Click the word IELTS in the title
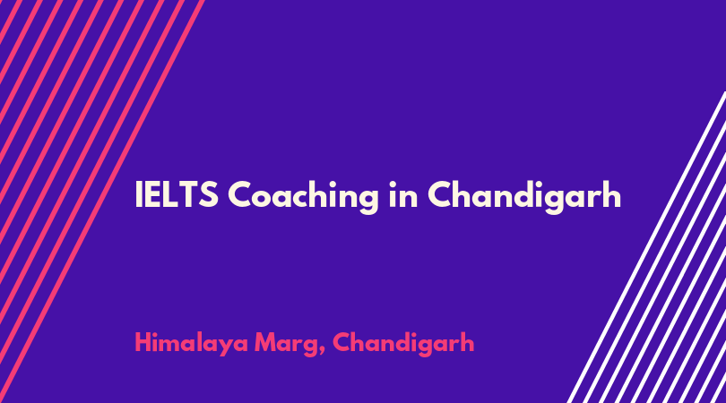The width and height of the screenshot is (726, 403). point(177,193)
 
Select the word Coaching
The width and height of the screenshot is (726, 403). point(303,197)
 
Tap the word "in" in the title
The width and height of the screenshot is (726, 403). point(402,193)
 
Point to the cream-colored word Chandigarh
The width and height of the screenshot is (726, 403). point(524,197)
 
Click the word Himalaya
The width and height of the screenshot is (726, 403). point(191,344)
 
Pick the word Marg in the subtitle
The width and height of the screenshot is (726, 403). point(286,345)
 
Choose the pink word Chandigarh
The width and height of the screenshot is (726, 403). point(403,344)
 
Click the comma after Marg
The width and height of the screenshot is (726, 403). point(322,353)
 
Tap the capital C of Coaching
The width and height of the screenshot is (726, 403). point(241,194)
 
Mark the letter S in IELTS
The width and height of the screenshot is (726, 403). point(208,194)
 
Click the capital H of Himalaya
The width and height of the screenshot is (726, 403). point(143,343)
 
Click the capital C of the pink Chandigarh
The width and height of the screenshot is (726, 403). point(342,343)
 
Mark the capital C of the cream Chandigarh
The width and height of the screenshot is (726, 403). point(441,194)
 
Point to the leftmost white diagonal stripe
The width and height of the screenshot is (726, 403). point(646,247)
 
